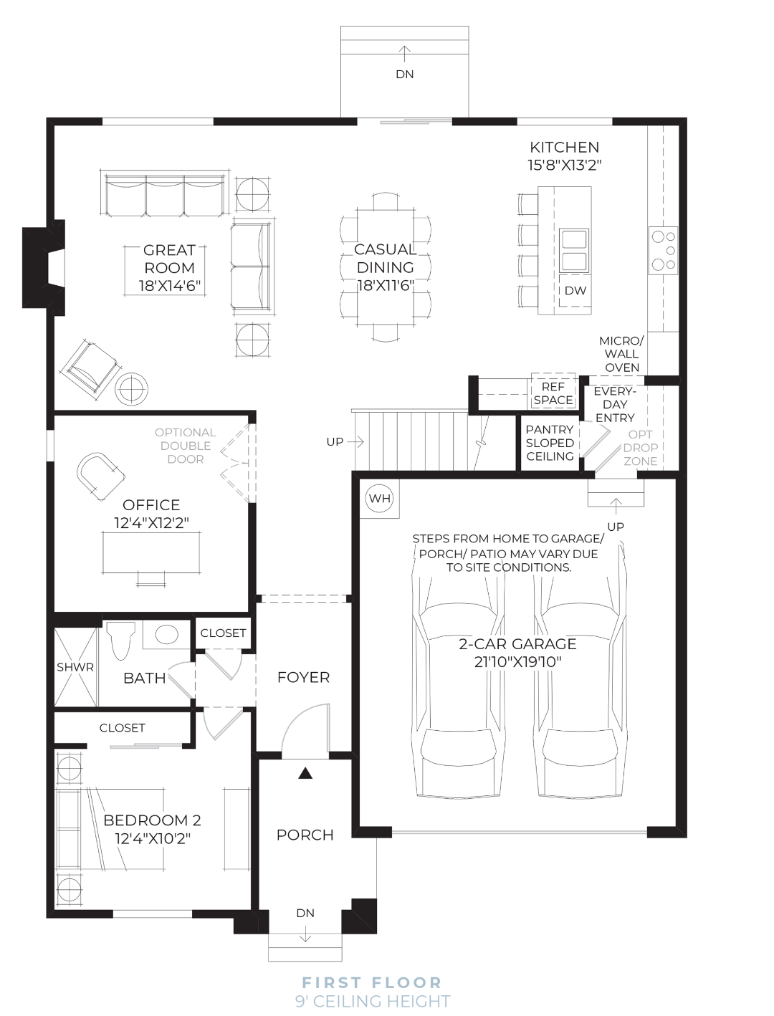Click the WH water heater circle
pos(380,499)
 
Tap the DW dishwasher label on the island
pos(575,291)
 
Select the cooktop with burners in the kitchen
pos(664,250)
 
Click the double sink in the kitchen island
pos(574,250)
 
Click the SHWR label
pos(75,667)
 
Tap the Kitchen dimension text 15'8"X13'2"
pos(565,166)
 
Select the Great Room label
pos(169,259)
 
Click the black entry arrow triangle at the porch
pos(305,773)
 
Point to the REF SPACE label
pos(553,393)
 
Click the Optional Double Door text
pos(185,446)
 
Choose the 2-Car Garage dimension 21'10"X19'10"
pos(518,662)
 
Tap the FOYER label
pos(303,677)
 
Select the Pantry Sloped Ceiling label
pos(550,443)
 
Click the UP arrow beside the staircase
pos(355,442)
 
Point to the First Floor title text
pos(372,982)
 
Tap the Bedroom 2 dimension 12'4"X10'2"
pos(153,838)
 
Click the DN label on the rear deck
pos(405,74)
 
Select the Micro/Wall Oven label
pos(621,354)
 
